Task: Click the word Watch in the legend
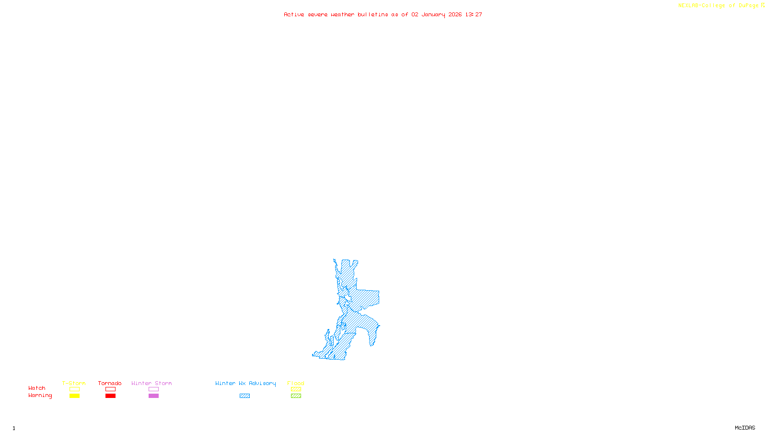[x=37, y=388]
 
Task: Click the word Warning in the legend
[x=40, y=396]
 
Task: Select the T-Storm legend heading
[x=74, y=383]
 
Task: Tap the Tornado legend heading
[x=110, y=383]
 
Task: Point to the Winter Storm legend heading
[x=151, y=383]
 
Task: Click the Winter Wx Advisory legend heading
[x=245, y=383]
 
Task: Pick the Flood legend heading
[x=296, y=383]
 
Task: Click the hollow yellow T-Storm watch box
[x=74, y=389]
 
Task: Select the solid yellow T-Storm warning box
[x=74, y=396]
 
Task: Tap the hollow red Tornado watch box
[x=110, y=389]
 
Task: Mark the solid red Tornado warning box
[x=110, y=396]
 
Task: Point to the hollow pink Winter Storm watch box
[x=153, y=389]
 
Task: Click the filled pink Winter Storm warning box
[x=153, y=396]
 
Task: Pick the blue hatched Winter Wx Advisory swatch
[x=244, y=396]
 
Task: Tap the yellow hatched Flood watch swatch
[x=296, y=389]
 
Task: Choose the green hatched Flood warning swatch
[x=296, y=396]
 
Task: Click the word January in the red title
[x=433, y=14]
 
